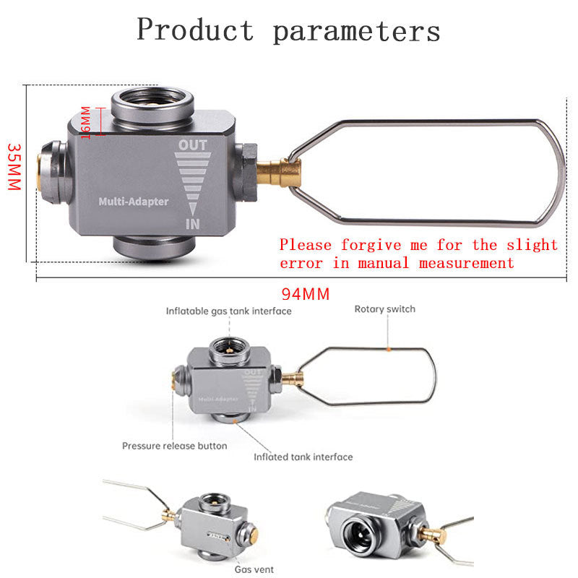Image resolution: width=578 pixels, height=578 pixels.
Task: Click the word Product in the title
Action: (195, 30)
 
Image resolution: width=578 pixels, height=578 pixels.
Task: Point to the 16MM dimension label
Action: (85, 123)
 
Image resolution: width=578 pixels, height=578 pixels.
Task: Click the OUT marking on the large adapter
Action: (193, 145)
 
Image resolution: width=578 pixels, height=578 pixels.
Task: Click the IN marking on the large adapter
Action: (193, 224)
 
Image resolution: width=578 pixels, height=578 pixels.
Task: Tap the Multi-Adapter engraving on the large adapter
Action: (133, 202)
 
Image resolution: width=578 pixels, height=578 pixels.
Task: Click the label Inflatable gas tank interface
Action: (229, 311)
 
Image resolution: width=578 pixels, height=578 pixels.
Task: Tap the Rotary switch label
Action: (384, 309)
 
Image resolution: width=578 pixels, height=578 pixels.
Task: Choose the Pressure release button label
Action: (174, 446)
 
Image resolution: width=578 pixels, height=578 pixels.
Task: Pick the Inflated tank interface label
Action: (303, 457)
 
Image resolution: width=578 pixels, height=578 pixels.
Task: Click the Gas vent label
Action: (254, 569)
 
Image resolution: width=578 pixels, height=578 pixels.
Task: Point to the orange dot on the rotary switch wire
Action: (389, 349)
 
